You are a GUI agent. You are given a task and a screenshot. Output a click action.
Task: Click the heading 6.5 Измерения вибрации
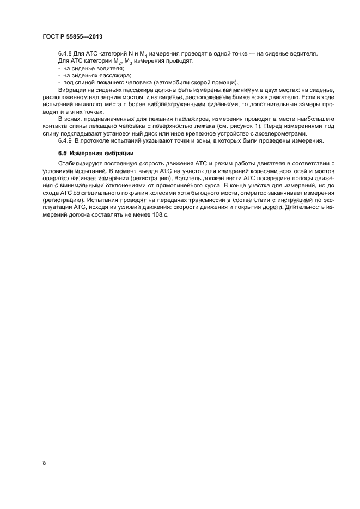(95, 152)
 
